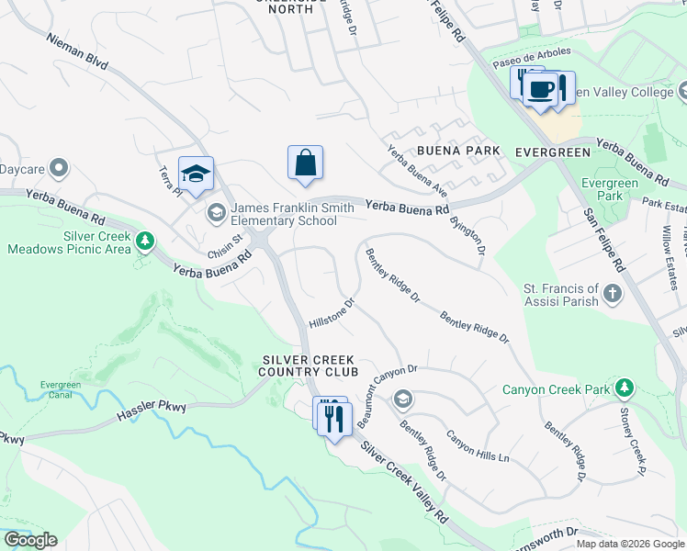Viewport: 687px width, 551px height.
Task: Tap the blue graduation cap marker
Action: point(196,174)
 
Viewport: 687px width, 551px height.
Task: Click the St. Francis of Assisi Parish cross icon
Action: point(613,295)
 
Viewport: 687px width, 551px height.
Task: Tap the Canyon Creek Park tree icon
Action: point(625,388)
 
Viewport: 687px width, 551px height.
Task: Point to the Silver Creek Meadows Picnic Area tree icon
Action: point(144,242)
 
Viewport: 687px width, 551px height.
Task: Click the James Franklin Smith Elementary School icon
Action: point(217,214)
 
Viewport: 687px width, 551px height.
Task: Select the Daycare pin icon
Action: point(60,168)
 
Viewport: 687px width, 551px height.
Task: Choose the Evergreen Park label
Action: point(615,189)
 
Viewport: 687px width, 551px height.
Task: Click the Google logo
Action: point(30,540)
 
